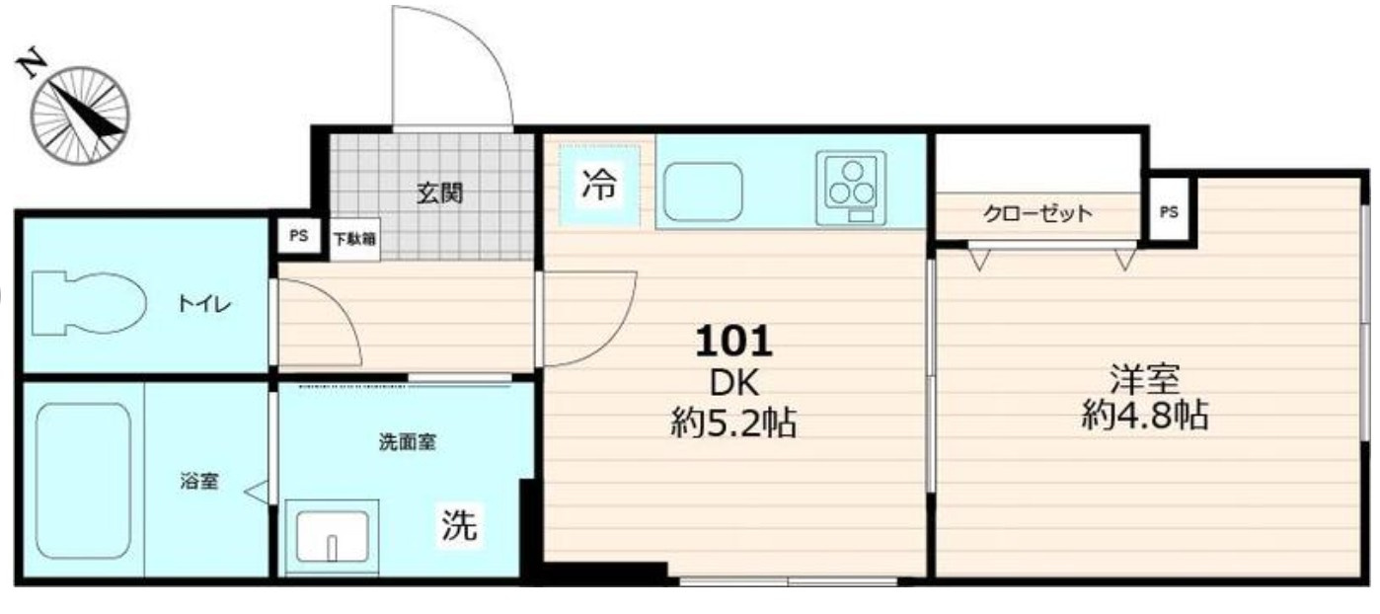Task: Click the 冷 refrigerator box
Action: tap(598, 184)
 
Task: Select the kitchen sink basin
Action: tap(702, 192)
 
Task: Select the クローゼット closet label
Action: tap(1037, 213)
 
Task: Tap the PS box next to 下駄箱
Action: tap(298, 236)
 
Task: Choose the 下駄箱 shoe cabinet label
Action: tap(353, 238)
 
